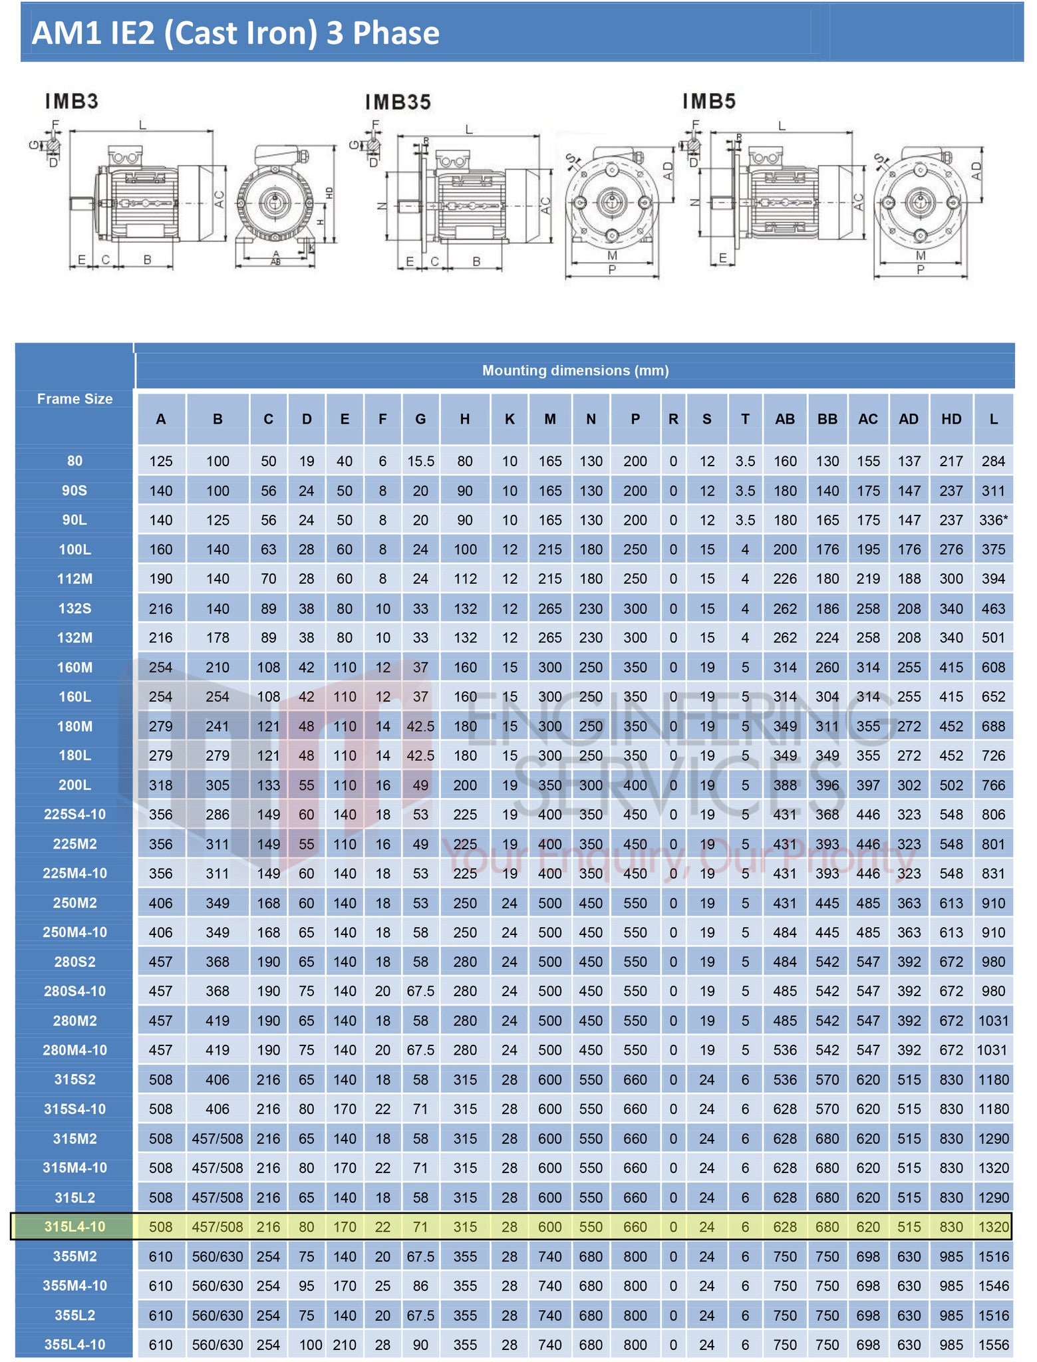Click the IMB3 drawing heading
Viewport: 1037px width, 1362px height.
72,102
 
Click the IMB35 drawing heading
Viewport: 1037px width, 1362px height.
398,102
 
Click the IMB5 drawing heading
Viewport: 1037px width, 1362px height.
709,102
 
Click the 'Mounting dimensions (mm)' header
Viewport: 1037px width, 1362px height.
575,370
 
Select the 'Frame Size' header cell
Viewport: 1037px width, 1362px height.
74,399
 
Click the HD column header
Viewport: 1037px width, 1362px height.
951,419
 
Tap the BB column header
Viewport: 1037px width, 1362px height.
827,419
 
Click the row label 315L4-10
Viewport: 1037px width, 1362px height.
74,1226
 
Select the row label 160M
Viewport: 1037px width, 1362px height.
74,667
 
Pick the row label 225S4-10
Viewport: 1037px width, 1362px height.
74,814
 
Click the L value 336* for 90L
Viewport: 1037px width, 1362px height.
993,520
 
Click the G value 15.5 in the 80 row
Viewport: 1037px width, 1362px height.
420,461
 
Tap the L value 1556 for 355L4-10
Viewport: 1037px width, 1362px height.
993,1345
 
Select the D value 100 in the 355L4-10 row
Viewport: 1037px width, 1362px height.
310,1345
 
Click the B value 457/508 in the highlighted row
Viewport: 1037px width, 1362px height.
218,1226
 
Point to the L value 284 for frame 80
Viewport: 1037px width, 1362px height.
993,461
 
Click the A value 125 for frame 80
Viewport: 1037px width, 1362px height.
161,461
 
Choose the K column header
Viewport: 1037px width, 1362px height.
510,419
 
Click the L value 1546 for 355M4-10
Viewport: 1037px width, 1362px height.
993,1286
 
